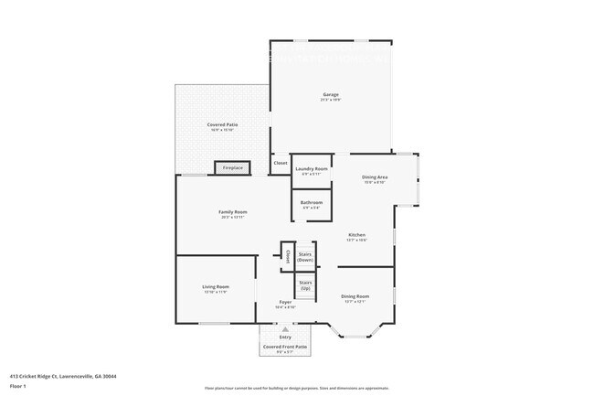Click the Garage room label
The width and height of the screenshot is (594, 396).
click(x=330, y=95)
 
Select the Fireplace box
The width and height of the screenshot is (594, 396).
click(x=233, y=167)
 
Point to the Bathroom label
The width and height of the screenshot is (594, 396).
click(x=311, y=203)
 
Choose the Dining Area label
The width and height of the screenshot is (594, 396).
click(x=375, y=177)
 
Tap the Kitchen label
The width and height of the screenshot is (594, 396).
click(x=356, y=235)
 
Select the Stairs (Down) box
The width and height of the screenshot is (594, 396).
click(x=305, y=257)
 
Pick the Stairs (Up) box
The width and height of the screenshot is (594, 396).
click(x=305, y=285)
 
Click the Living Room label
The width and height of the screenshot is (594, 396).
click(x=216, y=287)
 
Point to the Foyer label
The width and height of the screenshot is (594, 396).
click(x=285, y=303)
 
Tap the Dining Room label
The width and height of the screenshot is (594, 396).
click(x=355, y=296)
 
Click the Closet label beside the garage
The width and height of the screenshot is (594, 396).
click(x=280, y=164)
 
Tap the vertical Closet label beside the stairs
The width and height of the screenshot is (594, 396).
click(x=287, y=256)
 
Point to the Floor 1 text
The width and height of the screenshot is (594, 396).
click(x=17, y=386)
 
